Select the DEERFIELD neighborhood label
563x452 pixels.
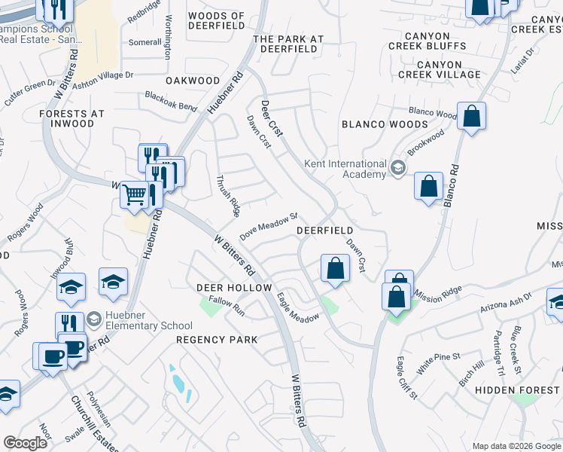(325, 230)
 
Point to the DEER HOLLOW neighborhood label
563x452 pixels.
(233, 288)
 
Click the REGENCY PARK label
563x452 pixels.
(217, 340)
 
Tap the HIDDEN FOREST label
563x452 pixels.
(527, 389)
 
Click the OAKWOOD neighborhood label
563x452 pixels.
(193, 81)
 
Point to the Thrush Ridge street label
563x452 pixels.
(227, 196)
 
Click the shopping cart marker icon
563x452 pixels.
(135, 194)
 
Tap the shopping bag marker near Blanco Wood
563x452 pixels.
(471, 116)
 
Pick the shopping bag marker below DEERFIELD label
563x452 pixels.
(335, 268)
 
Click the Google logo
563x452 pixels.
(26, 443)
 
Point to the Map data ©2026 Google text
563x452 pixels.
(516, 446)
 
